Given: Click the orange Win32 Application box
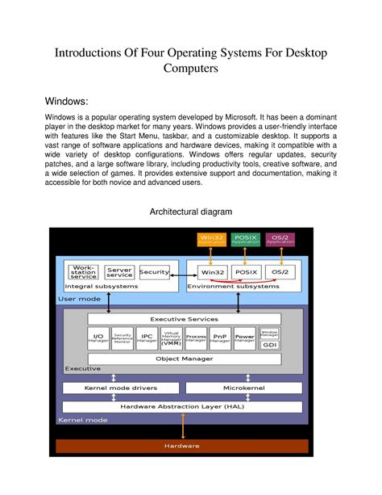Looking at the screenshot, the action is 213,239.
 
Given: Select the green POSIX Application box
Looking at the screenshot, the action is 246,239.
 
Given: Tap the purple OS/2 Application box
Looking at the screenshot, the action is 280,239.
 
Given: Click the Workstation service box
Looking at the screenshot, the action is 84,272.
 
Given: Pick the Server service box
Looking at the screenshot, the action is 119,273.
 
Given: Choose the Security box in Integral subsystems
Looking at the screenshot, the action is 154,272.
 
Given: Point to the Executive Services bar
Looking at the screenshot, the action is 185,319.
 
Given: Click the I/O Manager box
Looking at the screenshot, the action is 98,338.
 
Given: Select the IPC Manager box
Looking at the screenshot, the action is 147,338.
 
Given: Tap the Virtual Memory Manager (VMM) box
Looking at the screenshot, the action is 171,338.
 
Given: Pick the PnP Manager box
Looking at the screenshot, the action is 220,338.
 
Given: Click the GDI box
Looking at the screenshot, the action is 270,343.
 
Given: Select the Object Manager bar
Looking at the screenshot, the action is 185,358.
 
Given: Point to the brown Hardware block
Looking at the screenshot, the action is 181,446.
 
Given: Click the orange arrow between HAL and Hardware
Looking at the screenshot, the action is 185,426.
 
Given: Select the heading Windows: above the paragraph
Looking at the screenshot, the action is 77,102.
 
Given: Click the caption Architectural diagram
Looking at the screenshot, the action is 190,212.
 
